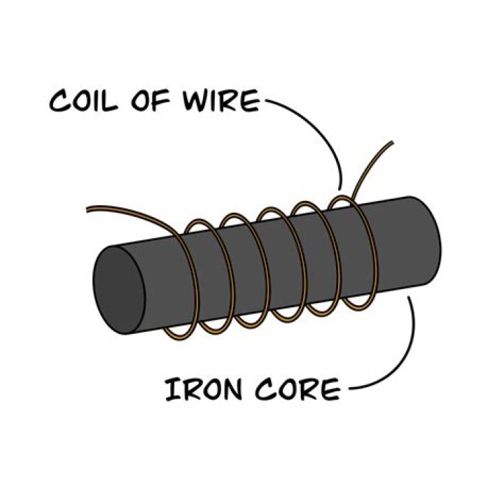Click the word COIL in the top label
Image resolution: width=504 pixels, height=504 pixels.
pos(87,101)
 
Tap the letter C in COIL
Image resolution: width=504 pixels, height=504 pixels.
pos(60,102)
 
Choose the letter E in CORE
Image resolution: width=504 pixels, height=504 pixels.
pos(328,389)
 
